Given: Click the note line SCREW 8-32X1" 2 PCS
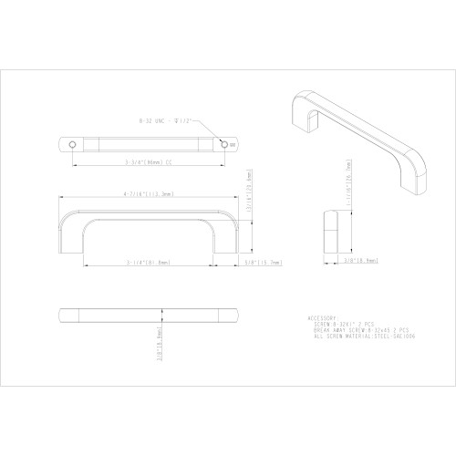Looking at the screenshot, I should coord(344,325).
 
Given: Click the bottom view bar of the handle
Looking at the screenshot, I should coord(148,315).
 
